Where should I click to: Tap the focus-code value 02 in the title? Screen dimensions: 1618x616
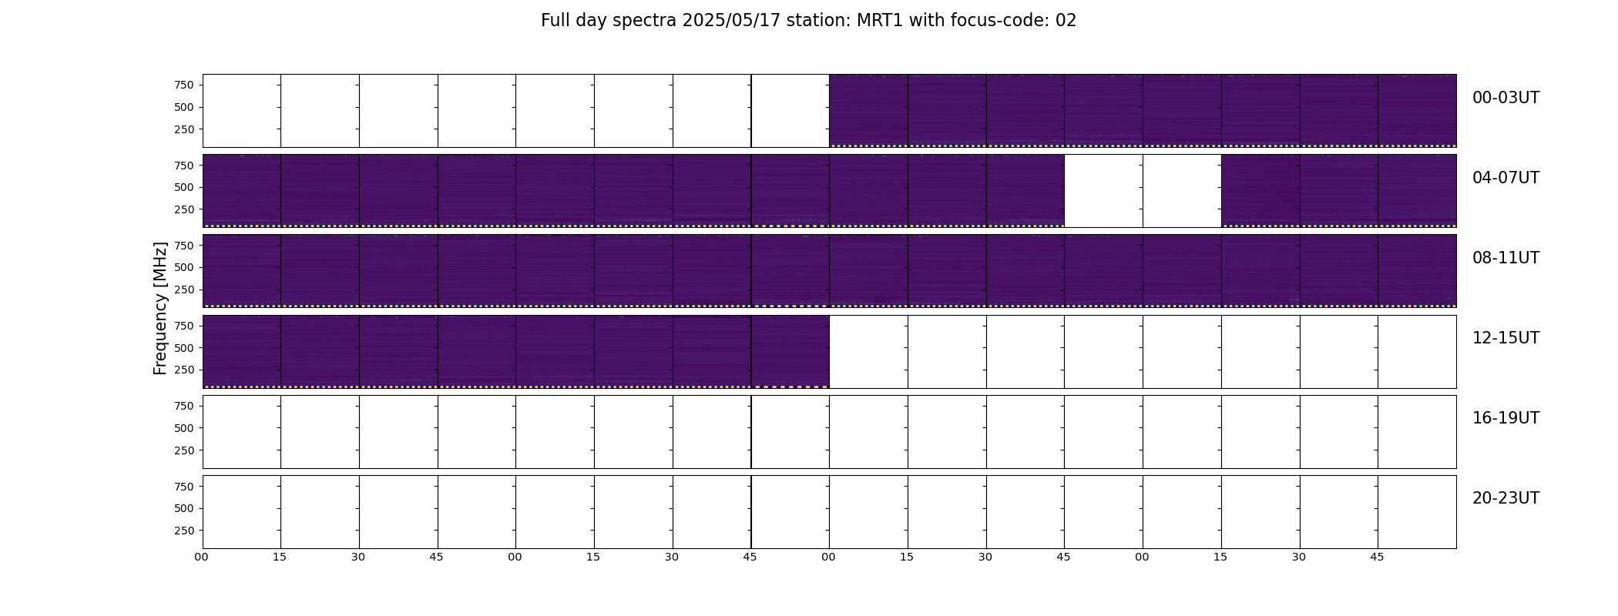tap(1066, 21)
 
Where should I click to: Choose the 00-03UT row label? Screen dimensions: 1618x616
tap(1506, 98)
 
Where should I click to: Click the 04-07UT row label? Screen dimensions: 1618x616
tap(1506, 178)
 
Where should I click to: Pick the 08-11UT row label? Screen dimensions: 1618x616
tap(1506, 258)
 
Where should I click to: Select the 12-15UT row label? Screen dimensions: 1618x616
tap(1506, 338)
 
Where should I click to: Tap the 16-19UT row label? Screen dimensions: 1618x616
tap(1506, 418)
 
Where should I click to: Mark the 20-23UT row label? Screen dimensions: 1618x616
tap(1506, 498)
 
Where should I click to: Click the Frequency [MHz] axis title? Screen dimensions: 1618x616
tap(160, 308)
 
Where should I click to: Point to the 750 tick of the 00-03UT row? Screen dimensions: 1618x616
tap(184, 85)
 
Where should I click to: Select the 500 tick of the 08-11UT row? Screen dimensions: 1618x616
tap(184, 267)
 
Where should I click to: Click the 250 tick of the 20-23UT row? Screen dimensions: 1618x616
tap(184, 531)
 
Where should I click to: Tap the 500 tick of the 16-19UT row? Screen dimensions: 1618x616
tap(184, 428)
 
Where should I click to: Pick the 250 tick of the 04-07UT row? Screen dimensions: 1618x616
tap(184, 209)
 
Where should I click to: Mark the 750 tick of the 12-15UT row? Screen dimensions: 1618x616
tap(184, 326)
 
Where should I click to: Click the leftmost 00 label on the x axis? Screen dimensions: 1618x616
tap(201, 557)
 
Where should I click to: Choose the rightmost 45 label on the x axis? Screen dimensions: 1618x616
tap(1377, 557)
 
